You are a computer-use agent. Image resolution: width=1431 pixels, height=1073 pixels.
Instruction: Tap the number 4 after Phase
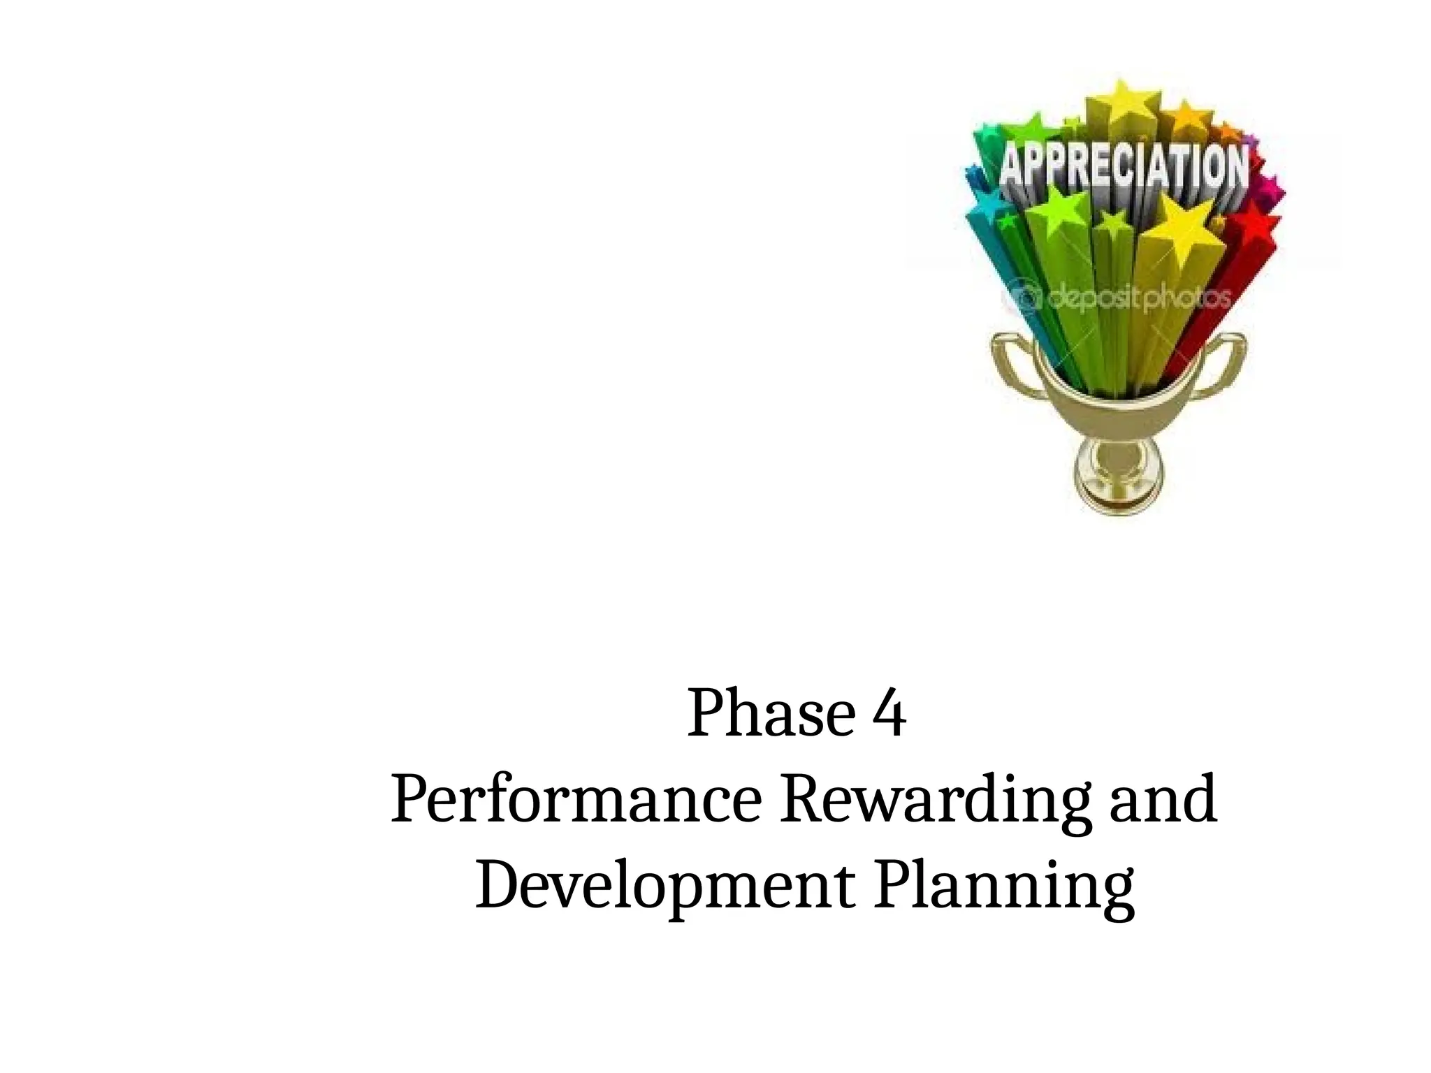(890, 715)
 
